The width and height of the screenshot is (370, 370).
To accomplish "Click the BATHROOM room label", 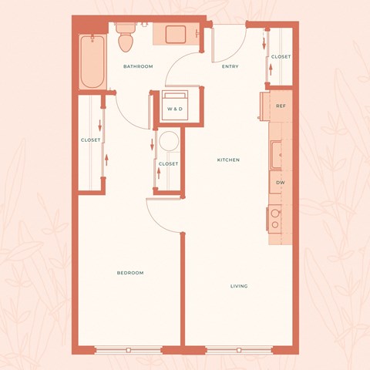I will pyautogui.click(x=138, y=66).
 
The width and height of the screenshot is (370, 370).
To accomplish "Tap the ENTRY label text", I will pyautogui.click(x=230, y=66).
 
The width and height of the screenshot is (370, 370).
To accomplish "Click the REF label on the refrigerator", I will pyautogui.click(x=281, y=106).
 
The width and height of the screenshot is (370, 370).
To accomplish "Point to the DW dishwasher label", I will pyautogui.click(x=281, y=182).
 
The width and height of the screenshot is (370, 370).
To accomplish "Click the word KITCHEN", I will pyautogui.click(x=228, y=160).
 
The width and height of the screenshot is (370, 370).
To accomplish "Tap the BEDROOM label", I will pyautogui.click(x=129, y=273).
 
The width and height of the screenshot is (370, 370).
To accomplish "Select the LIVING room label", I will pyautogui.click(x=239, y=286).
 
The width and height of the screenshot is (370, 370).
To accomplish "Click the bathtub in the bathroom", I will pyautogui.click(x=92, y=62).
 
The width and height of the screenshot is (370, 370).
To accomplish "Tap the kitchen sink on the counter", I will pyautogui.click(x=276, y=154).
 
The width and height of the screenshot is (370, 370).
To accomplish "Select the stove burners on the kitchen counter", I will pyautogui.click(x=274, y=219).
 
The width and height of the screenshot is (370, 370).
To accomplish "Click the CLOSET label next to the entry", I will pyautogui.click(x=281, y=56).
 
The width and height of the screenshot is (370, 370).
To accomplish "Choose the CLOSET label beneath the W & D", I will pyautogui.click(x=168, y=164).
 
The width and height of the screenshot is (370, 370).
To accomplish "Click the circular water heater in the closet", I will pyautogui.click(x=168, y=142).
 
